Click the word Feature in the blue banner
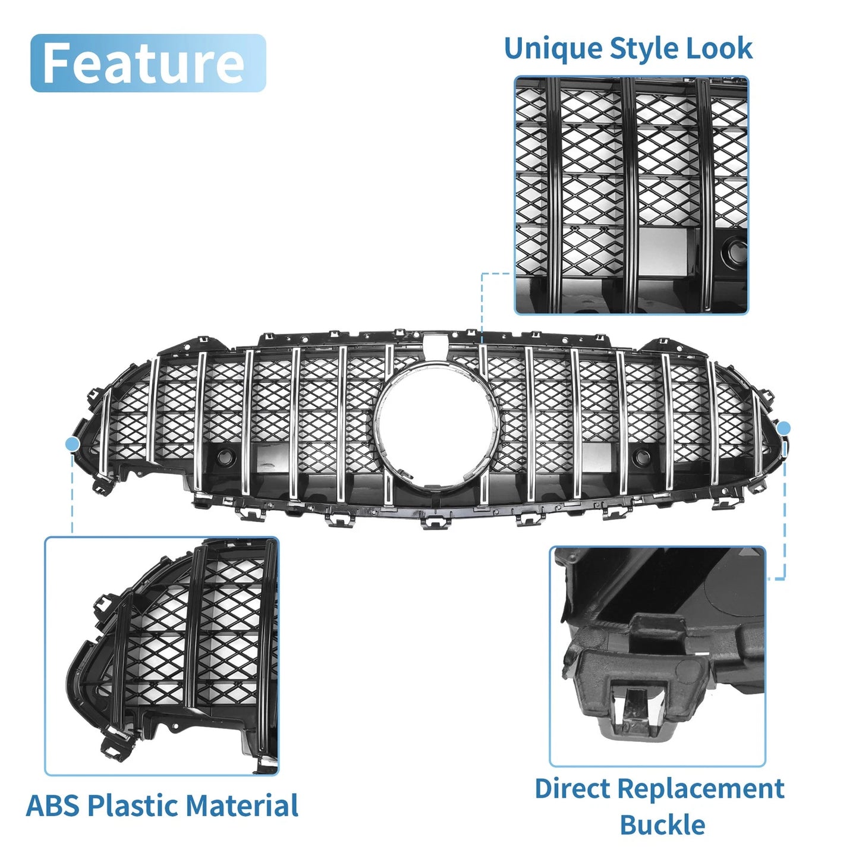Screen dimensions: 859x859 143,63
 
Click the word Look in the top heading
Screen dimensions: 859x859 719,48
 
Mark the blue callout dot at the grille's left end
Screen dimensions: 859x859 72,444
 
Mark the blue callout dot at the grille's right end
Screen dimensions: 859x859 784,429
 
